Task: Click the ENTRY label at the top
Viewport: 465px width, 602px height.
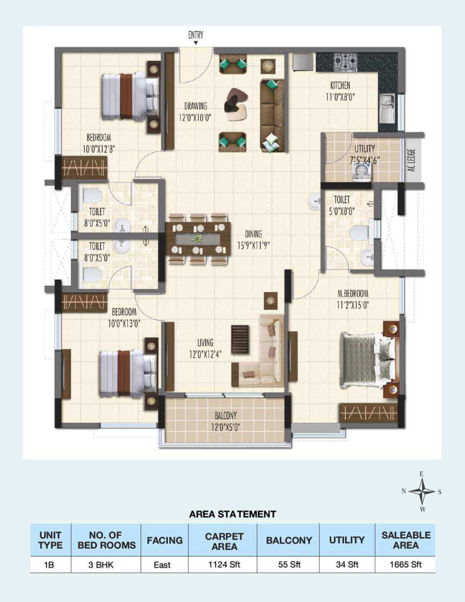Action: point(195,35)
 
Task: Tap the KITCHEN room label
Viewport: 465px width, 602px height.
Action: point(340,86)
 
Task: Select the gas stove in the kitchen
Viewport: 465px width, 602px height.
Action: point(346,60)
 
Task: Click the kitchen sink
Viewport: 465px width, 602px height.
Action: point(386,106)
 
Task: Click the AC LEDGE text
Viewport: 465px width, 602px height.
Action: point(411,159)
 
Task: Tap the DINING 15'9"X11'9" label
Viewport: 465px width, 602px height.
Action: point(253,239)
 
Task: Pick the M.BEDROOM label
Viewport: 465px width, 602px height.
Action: point(352,294)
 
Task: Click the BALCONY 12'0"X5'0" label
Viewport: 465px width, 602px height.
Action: point(226,421)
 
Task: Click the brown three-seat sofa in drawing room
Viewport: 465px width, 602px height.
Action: point(272,115)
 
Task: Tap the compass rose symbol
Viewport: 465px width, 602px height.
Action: point(422,491)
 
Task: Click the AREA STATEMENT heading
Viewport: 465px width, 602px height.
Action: point(232,514)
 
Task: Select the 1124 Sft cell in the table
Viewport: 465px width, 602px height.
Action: point(224,565)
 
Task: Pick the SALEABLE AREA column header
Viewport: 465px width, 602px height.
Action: point(405,540)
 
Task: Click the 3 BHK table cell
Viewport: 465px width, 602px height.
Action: point(106,565)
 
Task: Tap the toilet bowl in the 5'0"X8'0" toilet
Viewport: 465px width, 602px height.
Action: point(360,233)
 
